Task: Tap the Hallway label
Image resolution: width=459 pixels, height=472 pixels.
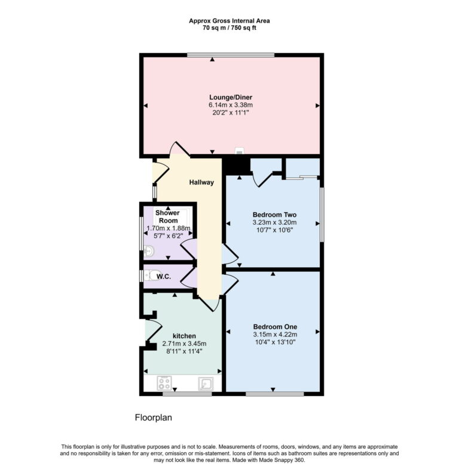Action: click(x=201, y=182)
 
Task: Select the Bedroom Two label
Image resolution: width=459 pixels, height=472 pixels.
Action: click(x=274, y=214)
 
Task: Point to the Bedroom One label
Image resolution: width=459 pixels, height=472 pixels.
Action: click(x=274, y=326)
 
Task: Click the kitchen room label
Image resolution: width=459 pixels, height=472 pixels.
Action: click(x=184, y=336)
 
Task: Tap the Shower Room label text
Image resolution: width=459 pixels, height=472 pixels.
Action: click(x=167, y=216)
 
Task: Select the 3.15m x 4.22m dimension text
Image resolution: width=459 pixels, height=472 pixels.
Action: click(x=274, y=334)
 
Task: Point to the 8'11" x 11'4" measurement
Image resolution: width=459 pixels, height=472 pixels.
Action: click(x=184, y=351)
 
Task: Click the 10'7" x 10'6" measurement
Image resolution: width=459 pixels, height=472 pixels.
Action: click(x=274, y=230)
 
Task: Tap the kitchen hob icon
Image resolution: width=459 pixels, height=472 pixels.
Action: click(x=164, y=384)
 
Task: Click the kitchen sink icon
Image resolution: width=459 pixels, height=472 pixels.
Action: click(x=206, y=384)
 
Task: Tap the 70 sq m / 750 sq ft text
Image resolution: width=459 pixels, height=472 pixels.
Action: click(x=229, y=28)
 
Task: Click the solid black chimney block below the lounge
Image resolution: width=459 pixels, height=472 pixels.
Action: click(x=237, y=165)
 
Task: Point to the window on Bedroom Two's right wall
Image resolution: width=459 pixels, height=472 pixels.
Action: click(x=322, y=215)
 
